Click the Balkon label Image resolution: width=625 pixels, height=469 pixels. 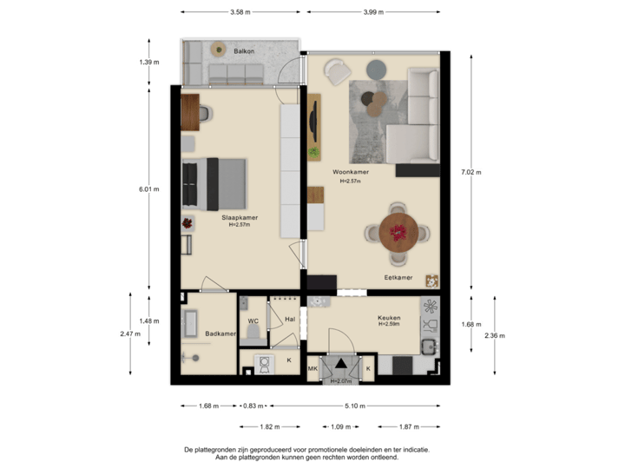(243, 51)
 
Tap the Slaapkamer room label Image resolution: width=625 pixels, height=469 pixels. (239, 218)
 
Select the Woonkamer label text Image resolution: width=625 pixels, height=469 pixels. (351, 172)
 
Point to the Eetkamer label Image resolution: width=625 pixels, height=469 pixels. (398, 277)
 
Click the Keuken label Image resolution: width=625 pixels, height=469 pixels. (389, 318)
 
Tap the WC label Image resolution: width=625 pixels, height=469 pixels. (253, 321)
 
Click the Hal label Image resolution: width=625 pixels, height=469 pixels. (290, 320)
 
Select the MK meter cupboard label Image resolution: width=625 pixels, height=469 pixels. (312, 369)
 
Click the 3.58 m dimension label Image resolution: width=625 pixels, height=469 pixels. (240, 13)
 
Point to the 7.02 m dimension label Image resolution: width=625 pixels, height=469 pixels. (472, 172)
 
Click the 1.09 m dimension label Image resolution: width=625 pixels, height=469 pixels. (340, 426)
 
